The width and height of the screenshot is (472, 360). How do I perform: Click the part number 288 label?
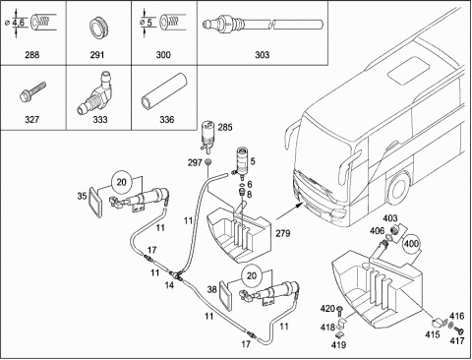(x=32, y=54)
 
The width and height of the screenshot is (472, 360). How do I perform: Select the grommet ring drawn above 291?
(x=98, y=27)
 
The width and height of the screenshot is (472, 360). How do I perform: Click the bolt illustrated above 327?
(x=32, y=91)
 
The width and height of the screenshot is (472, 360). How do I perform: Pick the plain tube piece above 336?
(x=163, y=90)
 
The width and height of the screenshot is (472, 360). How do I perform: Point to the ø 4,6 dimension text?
(x=18, y=23)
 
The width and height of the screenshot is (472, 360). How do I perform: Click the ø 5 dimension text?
(x=147, y=23)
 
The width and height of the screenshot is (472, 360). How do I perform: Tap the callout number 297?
(x=195, y=162)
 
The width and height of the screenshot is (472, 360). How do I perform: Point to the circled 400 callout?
(x=411, y=244)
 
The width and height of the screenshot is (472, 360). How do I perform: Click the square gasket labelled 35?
(x=95, y=202)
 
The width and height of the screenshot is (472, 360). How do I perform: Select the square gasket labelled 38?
(x=225, y=295)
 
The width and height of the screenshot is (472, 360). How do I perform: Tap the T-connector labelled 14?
(x=177, y=274)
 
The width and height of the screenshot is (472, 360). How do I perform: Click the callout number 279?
(x=282, y=233)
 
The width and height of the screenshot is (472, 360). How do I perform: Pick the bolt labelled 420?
(x=339, y=311)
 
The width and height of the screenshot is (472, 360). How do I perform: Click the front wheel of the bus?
(x=398, y=188)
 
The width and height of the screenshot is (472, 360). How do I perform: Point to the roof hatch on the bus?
(x=409, y=70)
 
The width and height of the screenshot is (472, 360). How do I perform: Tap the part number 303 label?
(x=262, y=54)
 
